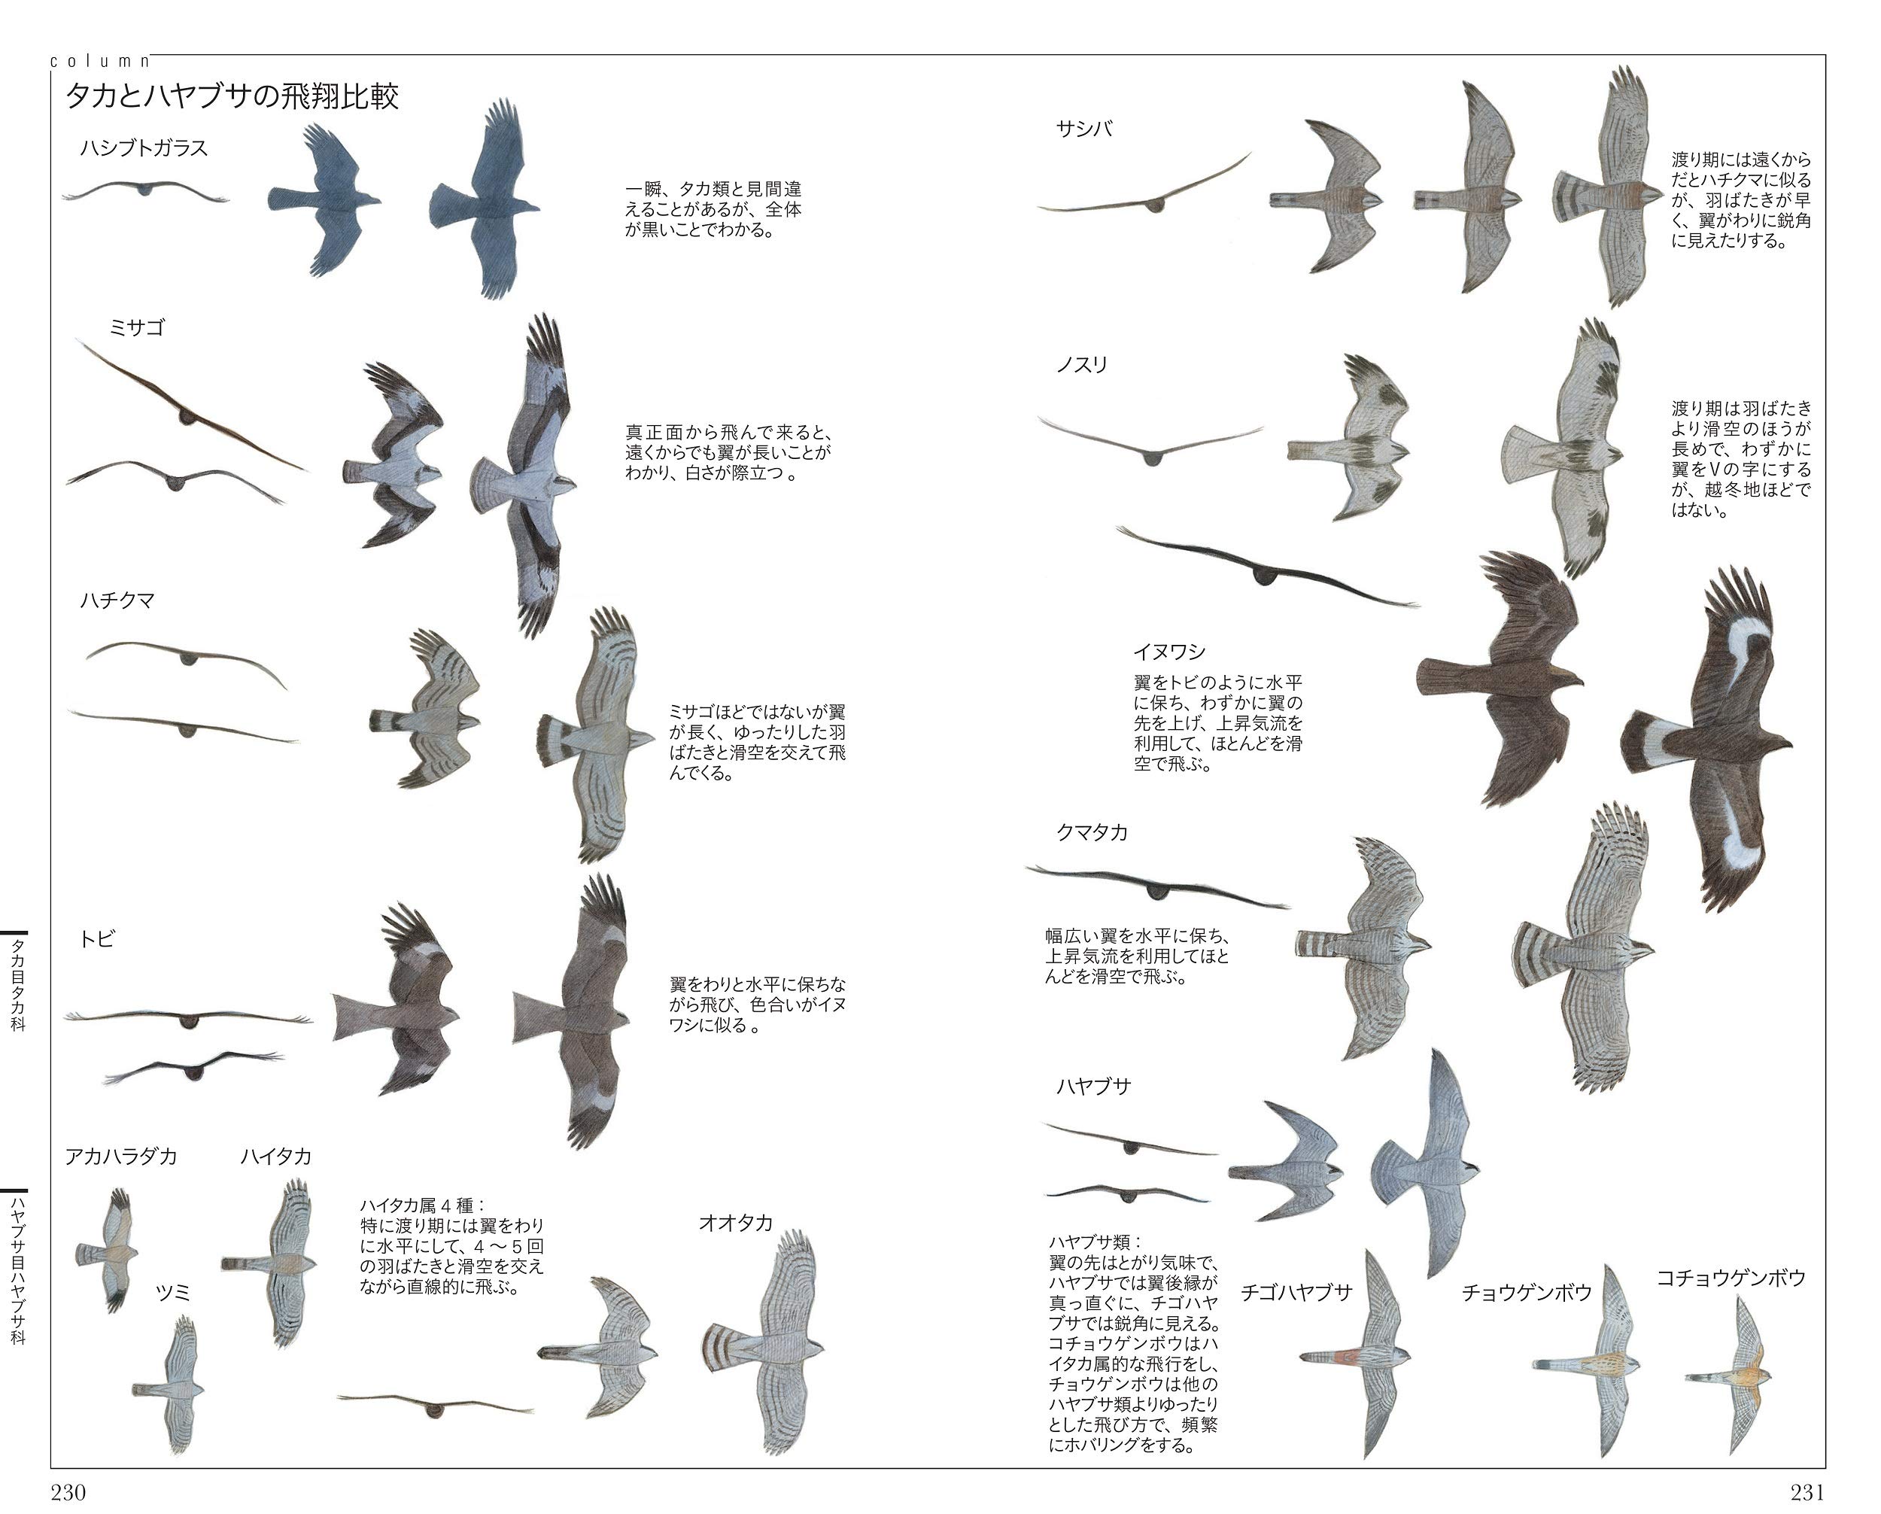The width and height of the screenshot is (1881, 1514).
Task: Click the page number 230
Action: (x=68, y=1492)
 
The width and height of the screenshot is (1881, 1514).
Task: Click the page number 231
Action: (x=1807, y=1492)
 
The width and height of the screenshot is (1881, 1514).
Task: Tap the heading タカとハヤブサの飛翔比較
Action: (x=232, y=96)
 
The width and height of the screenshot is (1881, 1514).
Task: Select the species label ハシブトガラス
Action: (x=144, y=148)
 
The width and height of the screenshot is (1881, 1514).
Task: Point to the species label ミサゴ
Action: (x=137, y=328)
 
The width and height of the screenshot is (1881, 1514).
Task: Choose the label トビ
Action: (x=97, y=939)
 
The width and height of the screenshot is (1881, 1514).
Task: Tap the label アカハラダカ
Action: (x=120, y=1157)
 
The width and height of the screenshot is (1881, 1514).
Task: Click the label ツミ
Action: (x=173, y=1292)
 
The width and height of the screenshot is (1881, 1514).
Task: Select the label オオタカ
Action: (x=736, y=1224)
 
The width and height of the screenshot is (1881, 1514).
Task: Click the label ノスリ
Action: (x=1082, y=365)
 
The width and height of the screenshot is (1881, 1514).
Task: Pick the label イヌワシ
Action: (x=1169, y=652)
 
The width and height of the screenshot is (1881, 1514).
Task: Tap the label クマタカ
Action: (x=1092, y=832)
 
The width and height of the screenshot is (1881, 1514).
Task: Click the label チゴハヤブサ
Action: (x=1296, y=1292)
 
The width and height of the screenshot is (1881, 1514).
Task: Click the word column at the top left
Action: (x=100, y=61)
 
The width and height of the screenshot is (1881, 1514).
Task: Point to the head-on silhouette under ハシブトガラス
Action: (x=144, y=191)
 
